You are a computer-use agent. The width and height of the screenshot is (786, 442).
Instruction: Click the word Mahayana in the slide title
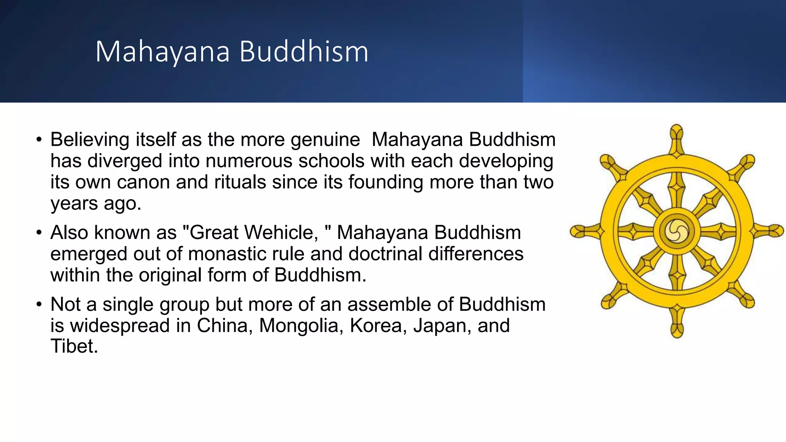pos(162,52)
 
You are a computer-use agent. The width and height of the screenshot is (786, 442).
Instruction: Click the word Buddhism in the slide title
pos(304,52)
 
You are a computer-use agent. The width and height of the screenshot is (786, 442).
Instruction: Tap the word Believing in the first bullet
pos(89,140)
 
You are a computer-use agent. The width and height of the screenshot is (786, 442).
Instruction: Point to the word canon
pos(143,182)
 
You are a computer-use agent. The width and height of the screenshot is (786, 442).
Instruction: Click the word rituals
pos(240,182)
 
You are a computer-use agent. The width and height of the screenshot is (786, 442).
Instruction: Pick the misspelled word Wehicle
pos(254,233)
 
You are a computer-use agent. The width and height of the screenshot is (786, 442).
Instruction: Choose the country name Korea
pos(378,326)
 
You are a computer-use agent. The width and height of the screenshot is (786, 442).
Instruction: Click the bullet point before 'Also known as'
pos(38,233)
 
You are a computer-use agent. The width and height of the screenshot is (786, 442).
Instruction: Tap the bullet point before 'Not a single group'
pos(38,305)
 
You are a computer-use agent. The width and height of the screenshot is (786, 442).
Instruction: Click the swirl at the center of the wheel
pos(677,231)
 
